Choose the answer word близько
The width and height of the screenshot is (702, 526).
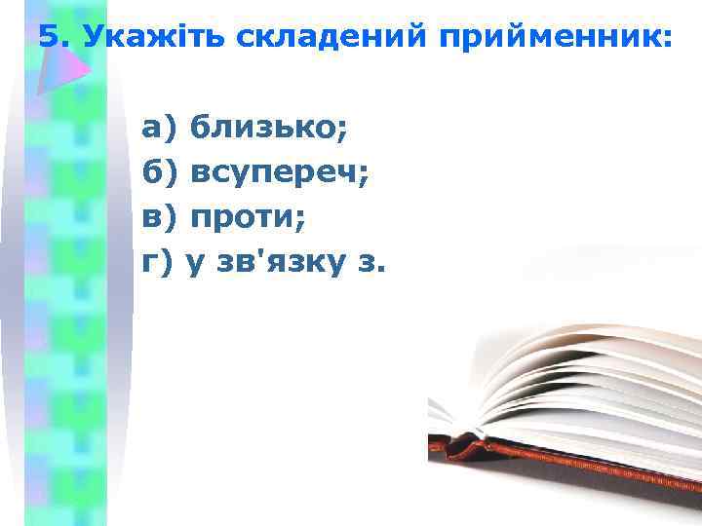pos(265,127)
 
